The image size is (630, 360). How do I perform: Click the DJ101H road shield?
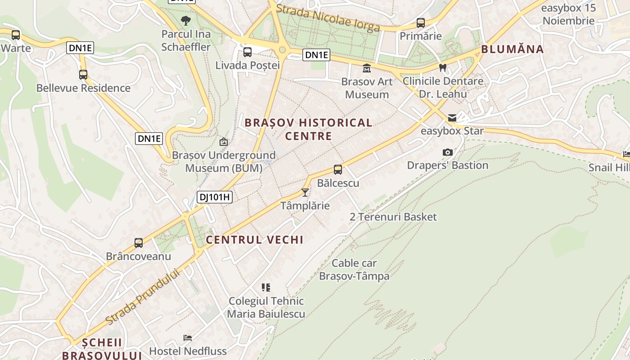(x=214, y=197)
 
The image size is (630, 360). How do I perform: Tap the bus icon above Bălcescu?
(x=338, y=170)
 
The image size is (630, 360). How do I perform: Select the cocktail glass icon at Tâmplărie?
(x=305, y=193)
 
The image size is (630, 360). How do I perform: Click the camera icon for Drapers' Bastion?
(x=447, y=152)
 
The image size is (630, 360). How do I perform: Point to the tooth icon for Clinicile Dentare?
(x=443, y=68)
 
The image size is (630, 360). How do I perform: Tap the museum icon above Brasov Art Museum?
(x=367, y=68)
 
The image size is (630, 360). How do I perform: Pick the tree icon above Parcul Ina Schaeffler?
(x=185, y=20)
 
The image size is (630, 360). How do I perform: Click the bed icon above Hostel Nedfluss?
(x=188, y=337)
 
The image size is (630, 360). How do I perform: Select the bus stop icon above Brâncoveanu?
(x=139, y=243)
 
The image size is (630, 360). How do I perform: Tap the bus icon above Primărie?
(x=421, y=22)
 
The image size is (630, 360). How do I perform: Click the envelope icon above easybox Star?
(x=452, y=118)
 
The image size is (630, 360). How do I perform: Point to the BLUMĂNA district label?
(x=513, y=49)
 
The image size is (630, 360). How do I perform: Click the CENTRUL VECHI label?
(x=255, y=239)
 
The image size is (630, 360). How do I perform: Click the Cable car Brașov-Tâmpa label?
(x=354, y=269)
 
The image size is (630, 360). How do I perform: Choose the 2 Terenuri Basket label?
(x=393, y=217)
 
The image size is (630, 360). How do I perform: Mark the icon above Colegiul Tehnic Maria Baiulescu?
(x=266, y=287)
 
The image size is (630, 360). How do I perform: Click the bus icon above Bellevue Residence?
(x=83, y=75)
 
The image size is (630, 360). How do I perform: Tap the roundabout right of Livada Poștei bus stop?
(x=283, y=50)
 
